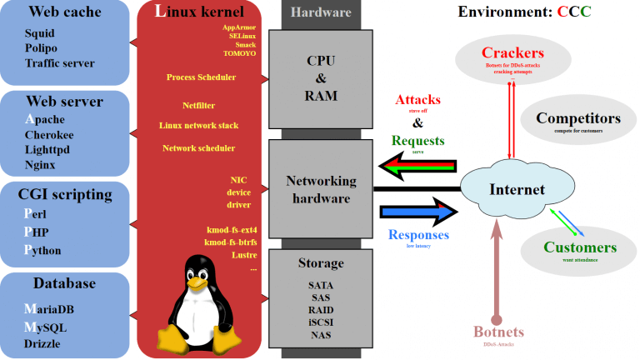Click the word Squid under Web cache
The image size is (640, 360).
[x=39, y=32]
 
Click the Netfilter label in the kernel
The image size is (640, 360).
[x=199, y=105]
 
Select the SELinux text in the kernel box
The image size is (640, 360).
[x=242, y=37]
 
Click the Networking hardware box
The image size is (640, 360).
[x=321, y=189]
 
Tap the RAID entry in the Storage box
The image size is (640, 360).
[x=321, y=308]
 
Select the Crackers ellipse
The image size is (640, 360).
[x=512, y=59]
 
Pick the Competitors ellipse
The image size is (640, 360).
[x=578, y=122]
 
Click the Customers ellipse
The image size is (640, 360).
[x=579, y=251]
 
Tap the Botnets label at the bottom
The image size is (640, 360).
[x=499, y=332]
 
